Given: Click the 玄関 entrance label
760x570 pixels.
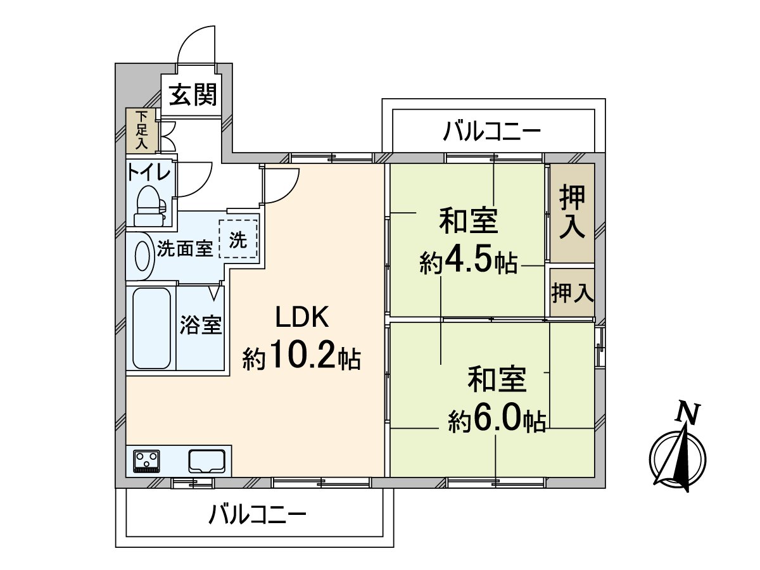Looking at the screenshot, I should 193,96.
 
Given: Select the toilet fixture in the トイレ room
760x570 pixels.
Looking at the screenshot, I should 149,205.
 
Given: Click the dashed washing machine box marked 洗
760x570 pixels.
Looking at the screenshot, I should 238,239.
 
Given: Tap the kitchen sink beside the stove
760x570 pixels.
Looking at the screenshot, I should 206,460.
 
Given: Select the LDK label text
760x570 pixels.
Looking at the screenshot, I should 301,317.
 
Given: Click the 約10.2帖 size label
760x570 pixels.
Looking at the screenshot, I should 301,359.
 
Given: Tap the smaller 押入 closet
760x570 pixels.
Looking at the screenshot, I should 572,293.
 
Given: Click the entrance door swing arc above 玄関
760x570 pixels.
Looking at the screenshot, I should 198,44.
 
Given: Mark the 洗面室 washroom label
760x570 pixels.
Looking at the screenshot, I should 184,248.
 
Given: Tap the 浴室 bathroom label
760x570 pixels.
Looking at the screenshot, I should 200,326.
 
